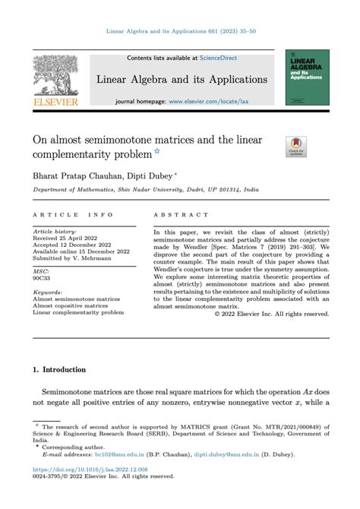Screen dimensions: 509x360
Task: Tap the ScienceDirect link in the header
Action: coord(220,58)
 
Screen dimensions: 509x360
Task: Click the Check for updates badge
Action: coord(296,147)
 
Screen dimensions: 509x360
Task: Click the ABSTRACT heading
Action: coord(181,215)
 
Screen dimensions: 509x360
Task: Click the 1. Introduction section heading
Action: coord(59,370)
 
